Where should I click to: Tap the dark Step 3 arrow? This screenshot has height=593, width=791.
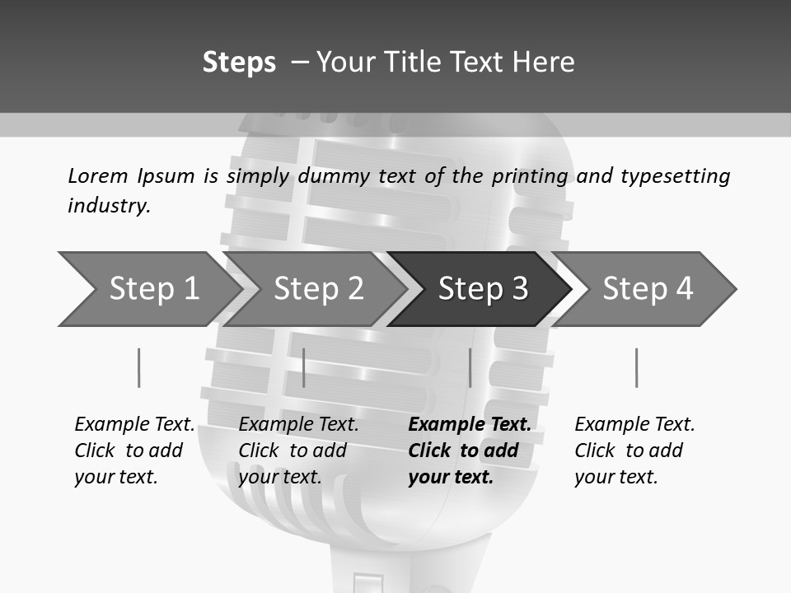[x=482, y=288]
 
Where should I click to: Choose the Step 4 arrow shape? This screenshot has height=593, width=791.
[x=647, y=288]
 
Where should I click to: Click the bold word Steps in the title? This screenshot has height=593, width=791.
[x=239, y=63]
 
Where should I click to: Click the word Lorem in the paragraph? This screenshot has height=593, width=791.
[x=98, y=175]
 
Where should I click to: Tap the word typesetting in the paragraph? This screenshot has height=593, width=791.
[x=675, y=176]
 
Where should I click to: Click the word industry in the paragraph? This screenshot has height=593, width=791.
[x=109, y=205]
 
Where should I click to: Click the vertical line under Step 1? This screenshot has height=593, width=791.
[x=138, y=367]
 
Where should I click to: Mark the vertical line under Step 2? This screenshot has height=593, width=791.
[x=304, y=367]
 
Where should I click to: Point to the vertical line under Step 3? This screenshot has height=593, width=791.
[x=470, y=367]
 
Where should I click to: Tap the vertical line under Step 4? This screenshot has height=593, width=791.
[x=636, y=367]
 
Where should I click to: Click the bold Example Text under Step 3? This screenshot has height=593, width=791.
[x=470, y=424]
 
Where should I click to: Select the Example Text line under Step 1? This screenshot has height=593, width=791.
[x=134, y=424]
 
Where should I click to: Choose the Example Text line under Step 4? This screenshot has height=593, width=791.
[x=634, y=424]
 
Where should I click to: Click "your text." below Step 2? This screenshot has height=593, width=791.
[x=279, y=477]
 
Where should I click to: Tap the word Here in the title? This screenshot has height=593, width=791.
[x=543, y=63]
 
